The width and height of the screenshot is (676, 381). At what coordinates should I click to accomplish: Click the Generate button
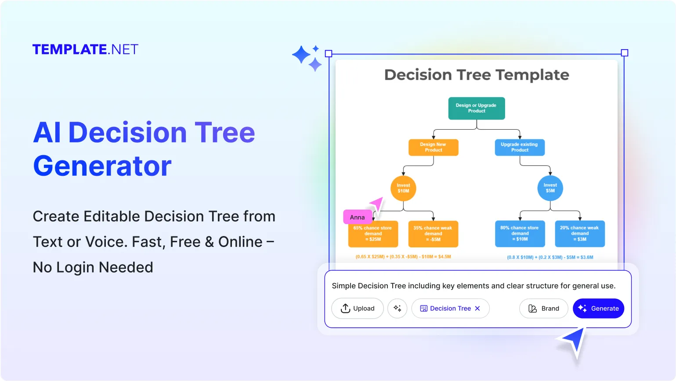(598, 308)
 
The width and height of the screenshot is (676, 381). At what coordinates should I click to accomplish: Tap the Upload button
(357, 308)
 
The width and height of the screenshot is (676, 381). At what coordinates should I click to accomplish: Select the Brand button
(543, 308)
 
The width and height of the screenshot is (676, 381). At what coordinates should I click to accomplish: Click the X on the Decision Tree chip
(477, 308)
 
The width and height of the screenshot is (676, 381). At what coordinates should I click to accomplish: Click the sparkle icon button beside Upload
(397, 308)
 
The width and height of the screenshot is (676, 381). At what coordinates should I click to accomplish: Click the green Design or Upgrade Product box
(477, 108)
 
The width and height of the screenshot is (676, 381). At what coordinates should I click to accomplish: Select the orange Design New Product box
(434, 147)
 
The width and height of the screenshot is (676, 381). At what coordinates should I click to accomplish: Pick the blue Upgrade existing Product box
(520, 147)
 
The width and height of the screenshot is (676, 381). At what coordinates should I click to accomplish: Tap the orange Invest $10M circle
(403, 188)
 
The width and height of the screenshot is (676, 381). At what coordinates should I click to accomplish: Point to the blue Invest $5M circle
(550, 188)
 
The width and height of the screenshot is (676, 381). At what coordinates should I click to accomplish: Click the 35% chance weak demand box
(433, 234)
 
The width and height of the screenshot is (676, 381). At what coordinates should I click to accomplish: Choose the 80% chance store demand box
(520, 234)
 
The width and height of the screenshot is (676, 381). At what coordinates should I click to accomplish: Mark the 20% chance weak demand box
(580, 234)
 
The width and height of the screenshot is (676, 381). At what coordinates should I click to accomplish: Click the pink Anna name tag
(357, 217)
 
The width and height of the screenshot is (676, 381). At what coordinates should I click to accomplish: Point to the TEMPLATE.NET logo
(85, 50)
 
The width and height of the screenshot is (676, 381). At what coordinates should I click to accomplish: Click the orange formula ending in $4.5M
(403, 257)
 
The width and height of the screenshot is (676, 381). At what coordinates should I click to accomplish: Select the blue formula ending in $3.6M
(550, 257)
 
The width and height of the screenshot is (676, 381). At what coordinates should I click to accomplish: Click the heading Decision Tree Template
(477, 75)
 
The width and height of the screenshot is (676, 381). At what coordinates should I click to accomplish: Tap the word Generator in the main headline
(102, 166)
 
